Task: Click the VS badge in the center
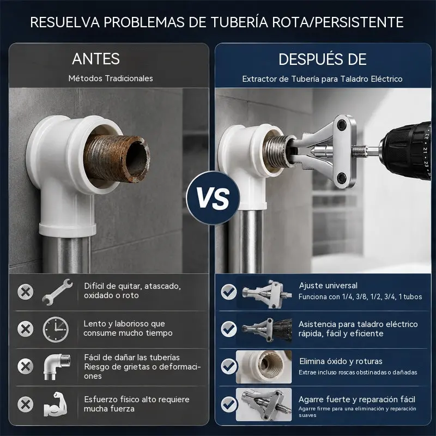point(213,198)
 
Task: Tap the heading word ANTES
point(96,59)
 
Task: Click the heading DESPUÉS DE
point(323,59)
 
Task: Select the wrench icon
point(58,292)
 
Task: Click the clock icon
point(56,329)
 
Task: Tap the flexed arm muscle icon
point(56,404)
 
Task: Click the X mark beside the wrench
point(25,292)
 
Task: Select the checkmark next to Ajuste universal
point(229,292)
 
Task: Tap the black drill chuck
point(407,150)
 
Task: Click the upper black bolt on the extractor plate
point(341,125)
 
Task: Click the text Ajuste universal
point(328,286)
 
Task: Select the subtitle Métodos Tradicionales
point(111,78)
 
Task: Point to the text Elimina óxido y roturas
point(341,361)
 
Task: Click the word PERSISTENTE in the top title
point(359,22)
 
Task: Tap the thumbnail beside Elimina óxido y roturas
point(264,367)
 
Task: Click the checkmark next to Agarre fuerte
point(229,404)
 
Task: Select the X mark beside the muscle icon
point(25,404)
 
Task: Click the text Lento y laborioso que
point(124,324)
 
